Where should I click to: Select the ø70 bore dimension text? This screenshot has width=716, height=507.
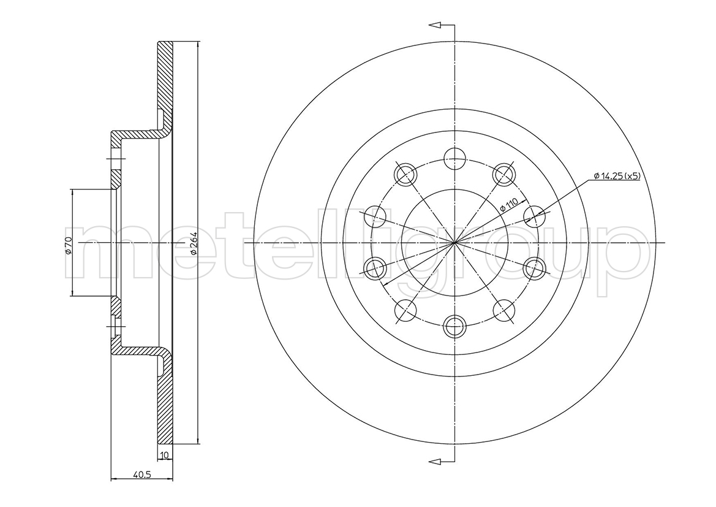pos(67,245)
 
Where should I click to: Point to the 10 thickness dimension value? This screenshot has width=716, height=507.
pos(165,454)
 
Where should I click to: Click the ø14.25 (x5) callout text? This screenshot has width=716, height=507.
pos(617,176)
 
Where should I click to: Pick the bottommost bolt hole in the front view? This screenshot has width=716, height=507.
pos(455,326)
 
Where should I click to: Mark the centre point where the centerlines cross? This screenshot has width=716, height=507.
pos(455,242)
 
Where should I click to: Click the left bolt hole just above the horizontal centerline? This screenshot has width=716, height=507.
pos(376,216)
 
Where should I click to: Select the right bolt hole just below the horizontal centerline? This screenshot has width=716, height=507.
pos(535,269)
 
